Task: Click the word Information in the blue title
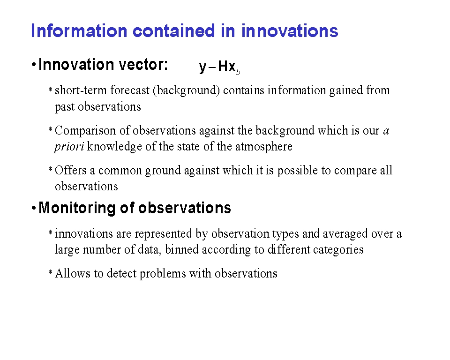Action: point(79,31)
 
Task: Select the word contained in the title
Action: point(173,31)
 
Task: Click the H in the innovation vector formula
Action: point(223,66)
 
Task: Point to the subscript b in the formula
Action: point(238,72)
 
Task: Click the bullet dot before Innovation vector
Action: point(34,65)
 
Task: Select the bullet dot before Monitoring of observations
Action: point(34,208)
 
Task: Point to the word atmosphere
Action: point(264,147)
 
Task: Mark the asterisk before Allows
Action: point(50,272)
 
